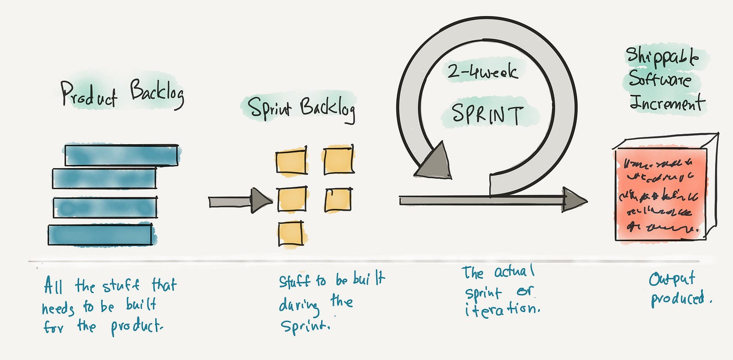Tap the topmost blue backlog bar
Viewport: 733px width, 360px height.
pyautogui.click(x=121, y=155)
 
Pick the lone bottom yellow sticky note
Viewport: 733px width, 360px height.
pyautogui.click(x=290, y=234)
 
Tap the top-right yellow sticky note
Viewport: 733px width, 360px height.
pyautogui.click(x=339, y=160)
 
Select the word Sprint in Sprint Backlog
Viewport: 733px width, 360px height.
pyautogui.click(x=269, y=109)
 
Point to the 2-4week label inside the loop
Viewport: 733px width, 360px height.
pyautogui.click(x=482, y=71)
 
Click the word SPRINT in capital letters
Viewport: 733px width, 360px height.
pyautogui.click(x=487, y=114)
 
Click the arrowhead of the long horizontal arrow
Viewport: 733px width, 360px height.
pyautogui.click(x=574, y=200)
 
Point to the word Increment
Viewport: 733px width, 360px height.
pyautogui.click(x=667, y=103)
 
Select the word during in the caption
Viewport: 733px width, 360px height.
pyautogui.click(x=299, y=305)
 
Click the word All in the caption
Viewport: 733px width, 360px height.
pyautogui.click(x=53, y=286)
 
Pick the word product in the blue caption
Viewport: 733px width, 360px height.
pyautogui.click(x=136, y=327)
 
